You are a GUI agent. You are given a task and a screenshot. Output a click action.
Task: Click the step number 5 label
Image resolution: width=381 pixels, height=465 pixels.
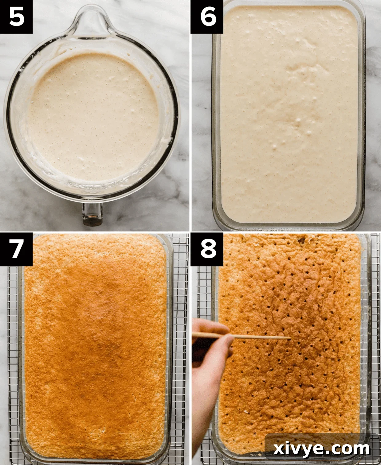(x=16, y=17)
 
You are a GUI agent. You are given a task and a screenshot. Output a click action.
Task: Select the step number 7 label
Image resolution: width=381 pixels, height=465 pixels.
(x=16, y=249)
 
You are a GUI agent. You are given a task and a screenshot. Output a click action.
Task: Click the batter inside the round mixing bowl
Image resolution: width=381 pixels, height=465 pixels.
(x=92, y=117)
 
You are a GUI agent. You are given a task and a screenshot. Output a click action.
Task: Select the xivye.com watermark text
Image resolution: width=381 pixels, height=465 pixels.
(x=321, y=449)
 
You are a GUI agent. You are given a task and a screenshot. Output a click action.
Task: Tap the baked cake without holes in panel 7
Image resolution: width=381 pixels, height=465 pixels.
(x=95, y=347)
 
